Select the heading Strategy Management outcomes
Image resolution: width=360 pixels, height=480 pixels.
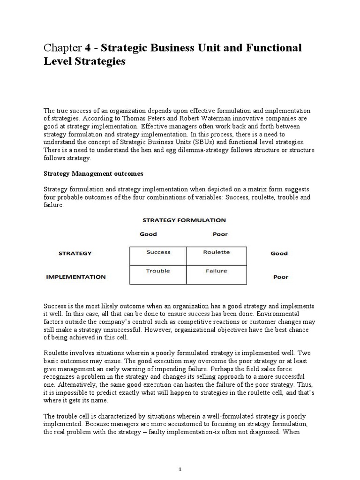(93, 173)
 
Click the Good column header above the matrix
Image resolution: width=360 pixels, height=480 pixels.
(148, 234)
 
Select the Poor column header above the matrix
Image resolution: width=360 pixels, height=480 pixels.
(220, 234)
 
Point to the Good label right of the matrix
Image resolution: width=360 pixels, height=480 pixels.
(279, 254)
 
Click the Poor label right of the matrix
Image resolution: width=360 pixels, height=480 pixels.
(280, 277)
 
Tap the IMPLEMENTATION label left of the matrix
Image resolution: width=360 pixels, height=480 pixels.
(75, 277)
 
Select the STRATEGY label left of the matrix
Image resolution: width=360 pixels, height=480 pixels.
(75, 254)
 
